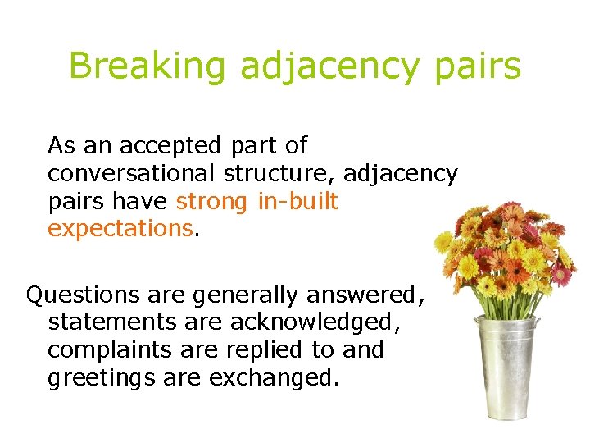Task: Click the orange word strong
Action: coord(213,201)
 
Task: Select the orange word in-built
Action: coord(298,201)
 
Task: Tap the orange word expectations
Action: coord(120,228)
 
